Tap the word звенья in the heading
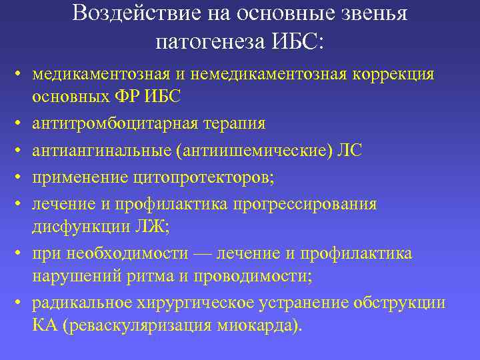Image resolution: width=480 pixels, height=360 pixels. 373,14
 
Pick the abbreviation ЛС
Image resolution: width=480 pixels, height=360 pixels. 350,151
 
